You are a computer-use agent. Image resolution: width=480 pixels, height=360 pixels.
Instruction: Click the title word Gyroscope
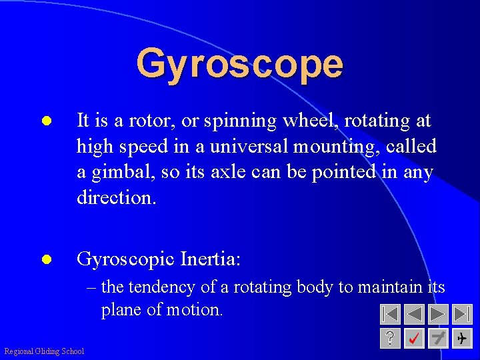click(x=239, y=64)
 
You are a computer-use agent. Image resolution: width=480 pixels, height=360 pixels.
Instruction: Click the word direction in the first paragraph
click(x=115, y=197)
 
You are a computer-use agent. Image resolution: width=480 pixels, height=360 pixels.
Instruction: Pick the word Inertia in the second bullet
click(x=211, y=258)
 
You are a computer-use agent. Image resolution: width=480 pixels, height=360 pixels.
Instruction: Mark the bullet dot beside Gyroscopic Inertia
click(x=47, y=259)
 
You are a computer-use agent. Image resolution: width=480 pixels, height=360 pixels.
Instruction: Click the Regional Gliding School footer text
click(x=44, y=351)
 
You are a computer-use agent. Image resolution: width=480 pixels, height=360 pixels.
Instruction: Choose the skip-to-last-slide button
click(x=461, y=314)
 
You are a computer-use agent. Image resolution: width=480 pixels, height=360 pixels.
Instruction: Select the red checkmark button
click(x=414, y=339)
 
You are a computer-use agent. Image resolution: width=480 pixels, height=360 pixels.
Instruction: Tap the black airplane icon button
click(x=461, y=339)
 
